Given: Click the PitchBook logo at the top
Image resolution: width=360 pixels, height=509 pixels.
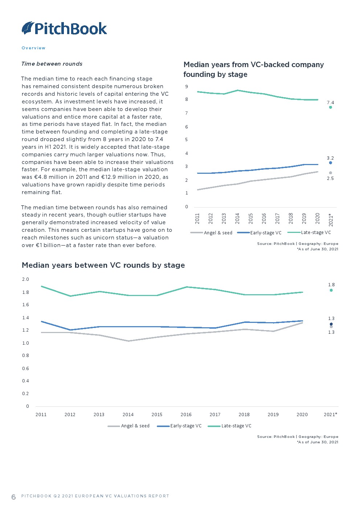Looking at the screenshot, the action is point(64,28).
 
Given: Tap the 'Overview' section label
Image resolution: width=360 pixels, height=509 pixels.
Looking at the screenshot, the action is point(34,48).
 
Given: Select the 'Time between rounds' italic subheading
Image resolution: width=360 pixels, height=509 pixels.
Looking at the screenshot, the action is point(52,64).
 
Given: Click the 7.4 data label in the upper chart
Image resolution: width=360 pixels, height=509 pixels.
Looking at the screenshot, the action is point(330,102).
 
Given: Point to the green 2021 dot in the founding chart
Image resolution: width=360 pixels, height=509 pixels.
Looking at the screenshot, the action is point(331,107).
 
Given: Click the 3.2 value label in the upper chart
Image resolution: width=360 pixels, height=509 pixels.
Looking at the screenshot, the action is point(330,158).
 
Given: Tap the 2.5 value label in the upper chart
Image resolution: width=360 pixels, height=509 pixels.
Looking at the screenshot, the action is point(330,178).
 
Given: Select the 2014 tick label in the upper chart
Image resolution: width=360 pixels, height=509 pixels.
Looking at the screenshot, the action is point(237,218).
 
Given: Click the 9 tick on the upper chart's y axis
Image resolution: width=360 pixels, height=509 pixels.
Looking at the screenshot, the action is point(187,86).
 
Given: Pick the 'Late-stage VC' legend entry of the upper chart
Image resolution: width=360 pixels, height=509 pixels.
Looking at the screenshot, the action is point(309,233).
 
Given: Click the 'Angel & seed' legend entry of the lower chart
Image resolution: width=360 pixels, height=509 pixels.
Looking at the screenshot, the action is point(128,426).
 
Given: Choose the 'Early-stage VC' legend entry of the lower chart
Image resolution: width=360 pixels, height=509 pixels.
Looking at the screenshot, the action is point(179,426).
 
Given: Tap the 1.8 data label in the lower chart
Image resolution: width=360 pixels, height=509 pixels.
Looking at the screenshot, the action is point(331,284).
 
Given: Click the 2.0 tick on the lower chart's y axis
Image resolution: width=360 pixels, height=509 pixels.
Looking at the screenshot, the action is point(25,279).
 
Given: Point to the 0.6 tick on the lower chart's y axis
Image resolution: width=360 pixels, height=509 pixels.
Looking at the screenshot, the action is point(25,368).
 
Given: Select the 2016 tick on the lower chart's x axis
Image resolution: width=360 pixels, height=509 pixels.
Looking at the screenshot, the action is point(186,414).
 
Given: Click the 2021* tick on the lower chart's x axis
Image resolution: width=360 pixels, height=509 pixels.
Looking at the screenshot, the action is point(331,414).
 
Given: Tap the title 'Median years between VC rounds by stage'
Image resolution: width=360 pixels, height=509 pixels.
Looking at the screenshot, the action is point(103,265).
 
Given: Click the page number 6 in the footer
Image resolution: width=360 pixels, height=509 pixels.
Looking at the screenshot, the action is point(14,497).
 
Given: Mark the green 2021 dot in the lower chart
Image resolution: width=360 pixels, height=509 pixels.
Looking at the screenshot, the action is point(331,290).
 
